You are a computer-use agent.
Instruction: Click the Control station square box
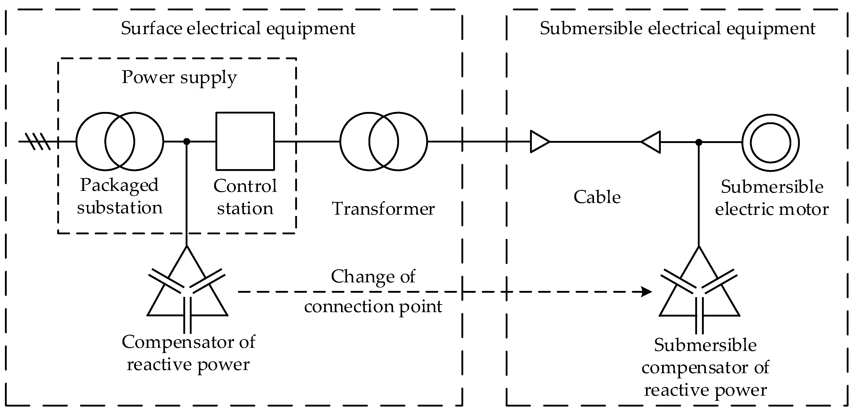pos(245,141)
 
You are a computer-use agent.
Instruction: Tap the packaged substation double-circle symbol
pos(119,141)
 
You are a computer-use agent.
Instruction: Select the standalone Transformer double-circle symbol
pos(384,141)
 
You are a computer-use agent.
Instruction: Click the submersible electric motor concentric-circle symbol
pos(770,142)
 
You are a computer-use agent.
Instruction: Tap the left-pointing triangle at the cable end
pos(651,142)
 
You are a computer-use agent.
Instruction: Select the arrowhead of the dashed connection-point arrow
pos(647,292)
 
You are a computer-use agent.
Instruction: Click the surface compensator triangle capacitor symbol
pos(187,292)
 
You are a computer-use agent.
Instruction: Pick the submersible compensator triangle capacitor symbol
pos(699,292)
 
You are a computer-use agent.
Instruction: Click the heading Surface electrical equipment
pos(238,28)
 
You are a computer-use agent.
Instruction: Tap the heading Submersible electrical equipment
pos(677,28)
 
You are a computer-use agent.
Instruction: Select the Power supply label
pos(179,77)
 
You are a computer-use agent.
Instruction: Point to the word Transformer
pos(383,209)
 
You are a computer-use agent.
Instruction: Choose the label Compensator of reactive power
pos(188,353)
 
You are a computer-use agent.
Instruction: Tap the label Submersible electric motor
pos(772,198)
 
